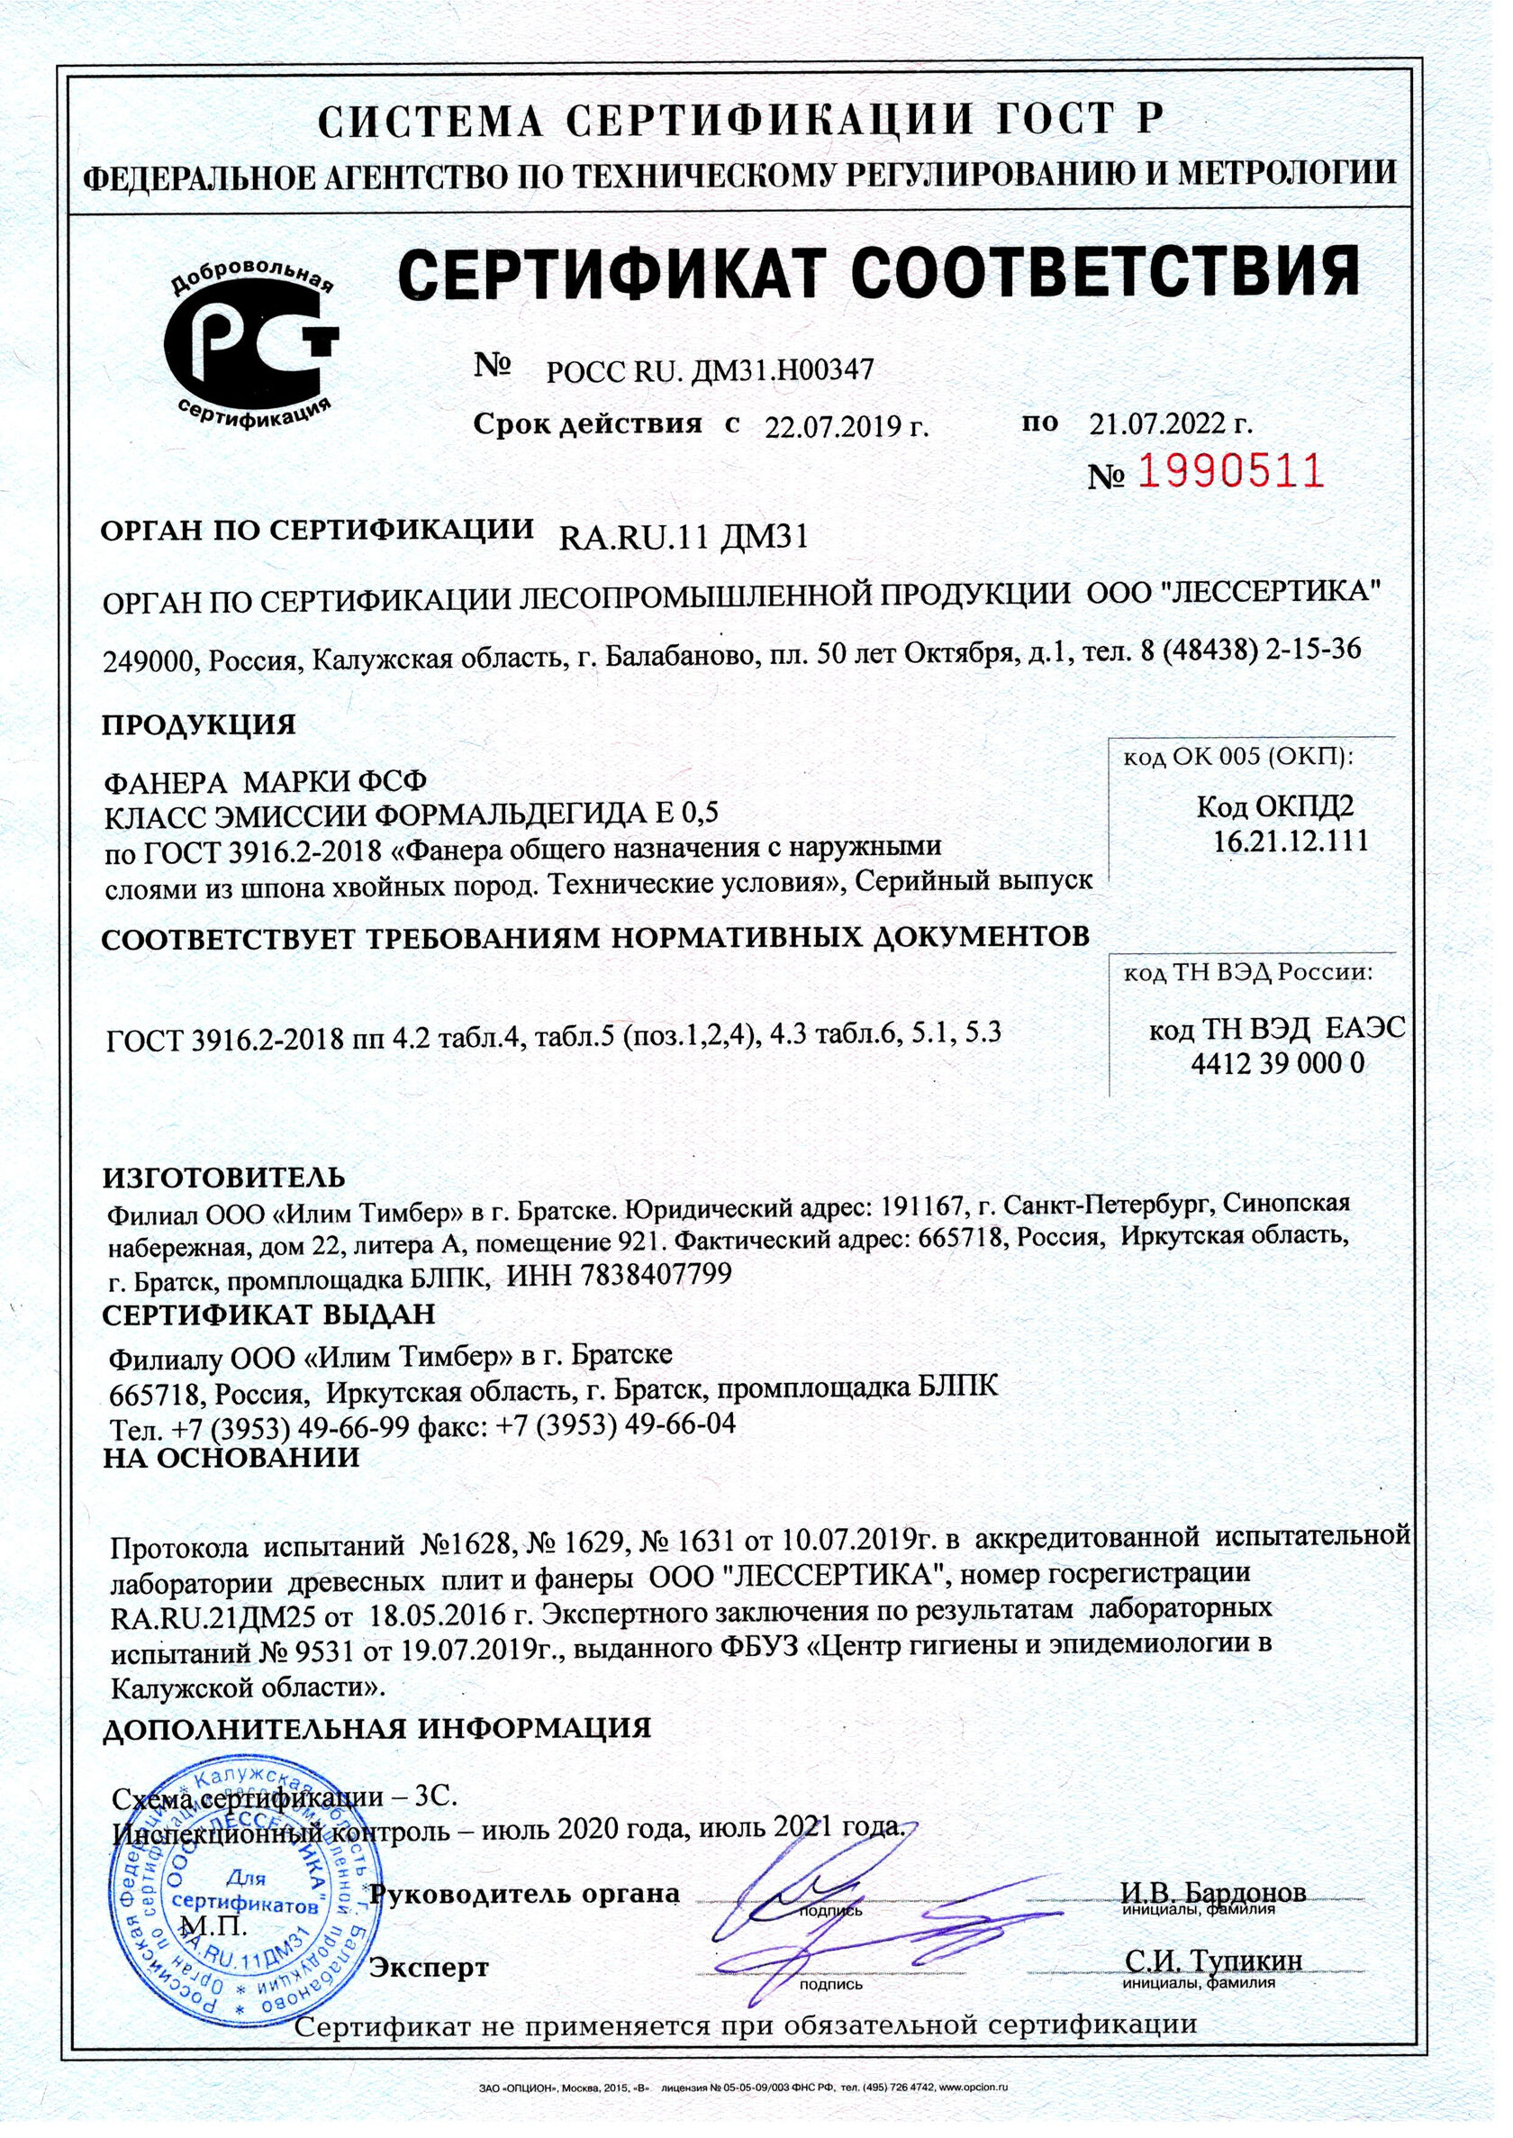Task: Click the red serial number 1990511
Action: [1230, 472]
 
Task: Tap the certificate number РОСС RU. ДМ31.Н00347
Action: [710, 371]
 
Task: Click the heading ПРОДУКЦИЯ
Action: [198, 724]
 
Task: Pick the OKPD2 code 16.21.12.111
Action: [1291, 842]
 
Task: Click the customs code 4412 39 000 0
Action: [1278, 1063]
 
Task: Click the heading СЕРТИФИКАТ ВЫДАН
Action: [268, 1315]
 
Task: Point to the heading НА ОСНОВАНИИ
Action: [231, 1458]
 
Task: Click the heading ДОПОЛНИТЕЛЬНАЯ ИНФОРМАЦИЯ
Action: [376, 1728]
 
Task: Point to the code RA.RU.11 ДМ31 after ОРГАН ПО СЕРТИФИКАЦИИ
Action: [682, 538]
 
